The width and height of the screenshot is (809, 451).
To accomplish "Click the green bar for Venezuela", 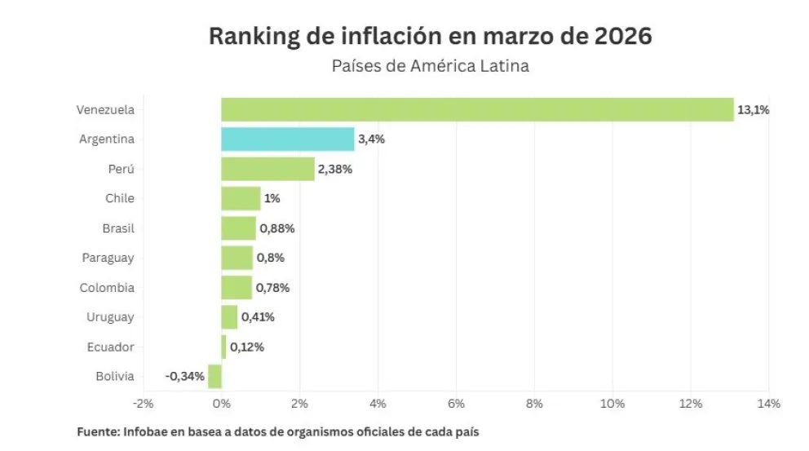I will coord(477,109).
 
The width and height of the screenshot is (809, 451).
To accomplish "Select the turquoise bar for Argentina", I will coord(287,139).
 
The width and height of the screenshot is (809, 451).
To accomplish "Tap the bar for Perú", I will coord(267,169).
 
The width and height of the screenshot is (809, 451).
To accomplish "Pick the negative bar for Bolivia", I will coord(214,376).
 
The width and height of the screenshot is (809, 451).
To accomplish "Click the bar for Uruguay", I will coord(229,316).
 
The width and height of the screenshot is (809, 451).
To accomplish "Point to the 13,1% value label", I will coord(753,109).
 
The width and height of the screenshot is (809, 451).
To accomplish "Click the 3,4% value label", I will coord(371,139).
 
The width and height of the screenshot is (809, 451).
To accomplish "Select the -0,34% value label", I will coord(184,376).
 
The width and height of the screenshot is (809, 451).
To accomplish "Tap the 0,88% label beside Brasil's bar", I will coord(276,228).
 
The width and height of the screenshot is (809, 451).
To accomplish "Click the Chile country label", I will coord(120,198).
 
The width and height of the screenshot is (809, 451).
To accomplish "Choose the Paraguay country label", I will coord(108,258).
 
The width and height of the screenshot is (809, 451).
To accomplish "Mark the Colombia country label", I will coord(107,287).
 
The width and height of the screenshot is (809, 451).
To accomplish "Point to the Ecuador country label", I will coord(110,347).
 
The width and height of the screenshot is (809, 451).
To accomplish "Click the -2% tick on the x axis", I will coord(143,404).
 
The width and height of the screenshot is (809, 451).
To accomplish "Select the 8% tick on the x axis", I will coord(534,404).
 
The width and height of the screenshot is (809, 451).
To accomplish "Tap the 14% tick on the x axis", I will coord(769,404).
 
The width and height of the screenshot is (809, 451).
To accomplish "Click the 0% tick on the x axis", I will coord(221,404).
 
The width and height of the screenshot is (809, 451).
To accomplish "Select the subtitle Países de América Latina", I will coord(430,66).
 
